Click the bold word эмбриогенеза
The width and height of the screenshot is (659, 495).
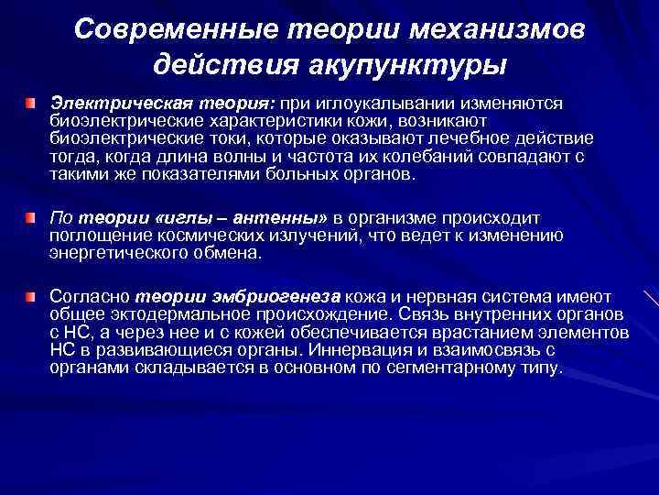click(284, 296)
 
